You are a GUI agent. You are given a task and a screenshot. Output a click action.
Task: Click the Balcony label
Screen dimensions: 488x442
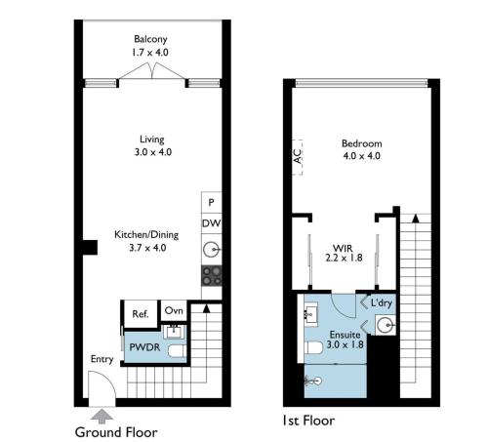point(150,39)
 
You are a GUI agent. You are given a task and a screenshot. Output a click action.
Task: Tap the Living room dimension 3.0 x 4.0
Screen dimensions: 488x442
point(153,152)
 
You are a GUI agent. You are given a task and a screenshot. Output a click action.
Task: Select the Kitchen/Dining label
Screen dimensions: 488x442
point(146,234)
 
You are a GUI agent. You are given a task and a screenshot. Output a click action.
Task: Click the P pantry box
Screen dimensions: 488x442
point(211,202)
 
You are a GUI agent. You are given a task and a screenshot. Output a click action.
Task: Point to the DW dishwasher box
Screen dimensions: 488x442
point(212,223)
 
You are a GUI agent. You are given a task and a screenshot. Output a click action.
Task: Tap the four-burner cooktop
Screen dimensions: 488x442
point(212,276)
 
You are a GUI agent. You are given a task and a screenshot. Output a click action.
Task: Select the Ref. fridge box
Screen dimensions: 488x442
point(141,314)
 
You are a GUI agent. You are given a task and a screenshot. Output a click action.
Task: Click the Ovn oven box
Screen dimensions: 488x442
point(174,310)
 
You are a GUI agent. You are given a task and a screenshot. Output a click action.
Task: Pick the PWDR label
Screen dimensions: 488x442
point(144,347)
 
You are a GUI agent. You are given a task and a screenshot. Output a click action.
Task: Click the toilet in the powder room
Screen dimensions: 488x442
point(178,351)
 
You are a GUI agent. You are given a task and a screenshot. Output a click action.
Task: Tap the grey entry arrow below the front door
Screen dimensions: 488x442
point(102,417)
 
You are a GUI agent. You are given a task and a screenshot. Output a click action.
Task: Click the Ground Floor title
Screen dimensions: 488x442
point(116,432)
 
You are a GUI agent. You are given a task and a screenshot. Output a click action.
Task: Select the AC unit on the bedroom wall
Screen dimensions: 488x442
point(298,157)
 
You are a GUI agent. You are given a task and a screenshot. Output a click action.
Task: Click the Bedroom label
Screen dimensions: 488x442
point(362,143)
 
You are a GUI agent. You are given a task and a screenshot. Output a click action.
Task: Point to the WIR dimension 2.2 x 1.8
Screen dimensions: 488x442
point(344,258)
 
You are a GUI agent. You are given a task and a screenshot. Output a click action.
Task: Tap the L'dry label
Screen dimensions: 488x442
point(382,303)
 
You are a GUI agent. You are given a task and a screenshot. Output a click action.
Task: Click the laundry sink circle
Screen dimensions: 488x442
point(386,325)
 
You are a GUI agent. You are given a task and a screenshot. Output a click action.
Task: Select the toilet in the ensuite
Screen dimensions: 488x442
point(313,347)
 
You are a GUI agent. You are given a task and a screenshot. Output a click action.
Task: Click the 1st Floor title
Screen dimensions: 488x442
point(308,421)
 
